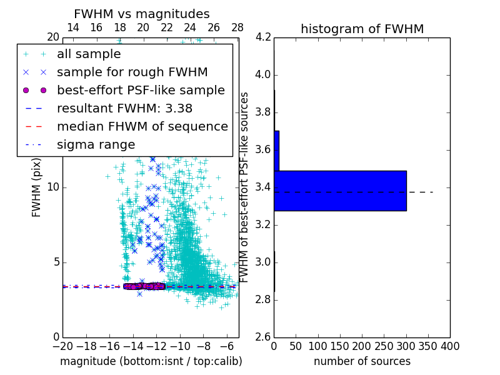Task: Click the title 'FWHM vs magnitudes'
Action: coord(142,14)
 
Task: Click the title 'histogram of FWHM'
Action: coord(362,29)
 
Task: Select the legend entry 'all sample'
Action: coord(89,54)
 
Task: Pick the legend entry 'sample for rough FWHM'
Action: coord(132,72)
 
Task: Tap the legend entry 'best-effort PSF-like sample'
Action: coord(141,90)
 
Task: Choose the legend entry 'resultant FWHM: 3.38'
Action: coord(124,108)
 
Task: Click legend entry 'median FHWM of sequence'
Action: coord(142,126)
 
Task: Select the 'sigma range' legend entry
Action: coord(96,144)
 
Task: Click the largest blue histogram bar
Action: coord(340,191)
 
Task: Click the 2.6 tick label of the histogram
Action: coord(262,337)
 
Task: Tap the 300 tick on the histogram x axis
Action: coord(406,346)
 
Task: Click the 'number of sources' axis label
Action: coord(362,361)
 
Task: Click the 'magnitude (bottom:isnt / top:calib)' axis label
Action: coord(151,361)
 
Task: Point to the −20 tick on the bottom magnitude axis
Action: coord(62,346)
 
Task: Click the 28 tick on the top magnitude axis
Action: coord(237,27)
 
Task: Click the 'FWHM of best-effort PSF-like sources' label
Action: coord(245,187)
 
